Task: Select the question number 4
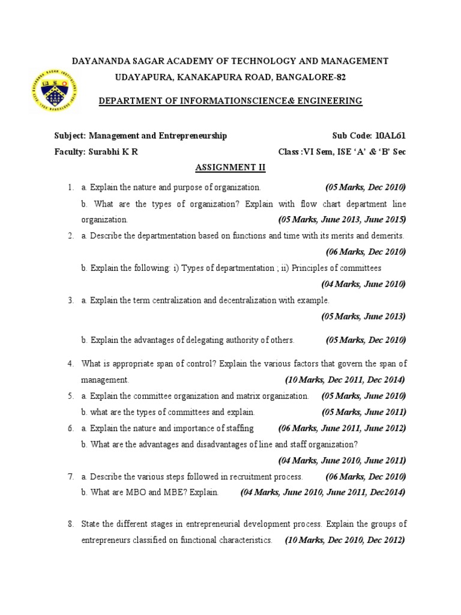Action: (x=70, y=364)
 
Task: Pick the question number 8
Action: (x=70, y=524)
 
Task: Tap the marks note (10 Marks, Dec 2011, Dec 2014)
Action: (x=345, y=380)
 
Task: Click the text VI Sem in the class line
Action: (x=327, y=152)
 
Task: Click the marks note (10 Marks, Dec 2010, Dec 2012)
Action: (x=345, y=541)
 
